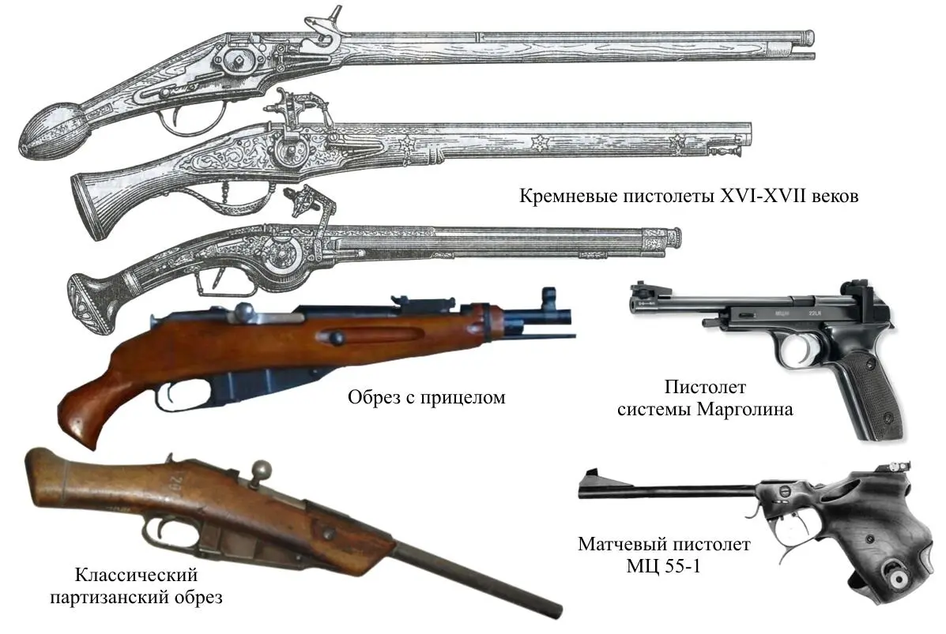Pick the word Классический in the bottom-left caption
136,576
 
